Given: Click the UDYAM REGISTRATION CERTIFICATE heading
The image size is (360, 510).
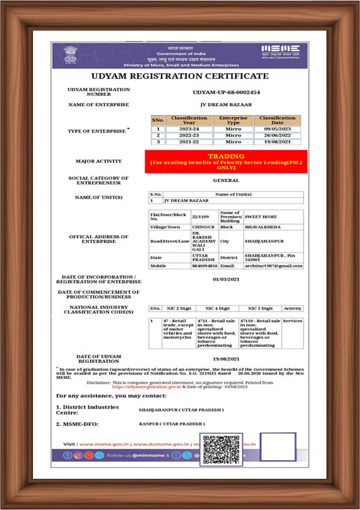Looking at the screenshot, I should [179, 76].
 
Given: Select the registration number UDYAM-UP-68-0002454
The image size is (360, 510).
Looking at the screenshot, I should [226, 92].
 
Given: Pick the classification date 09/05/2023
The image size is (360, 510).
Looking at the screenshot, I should [277, 128].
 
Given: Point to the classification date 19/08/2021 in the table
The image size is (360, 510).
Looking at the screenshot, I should [277, 142].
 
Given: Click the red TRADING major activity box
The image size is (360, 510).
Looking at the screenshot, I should [226, 161].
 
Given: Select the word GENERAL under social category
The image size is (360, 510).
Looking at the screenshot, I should [226, 180].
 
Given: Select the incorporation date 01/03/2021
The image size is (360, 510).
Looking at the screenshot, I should [226, 280].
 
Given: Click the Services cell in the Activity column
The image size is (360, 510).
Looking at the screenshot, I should [292, 321].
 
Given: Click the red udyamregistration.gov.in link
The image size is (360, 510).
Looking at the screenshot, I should [146, 388].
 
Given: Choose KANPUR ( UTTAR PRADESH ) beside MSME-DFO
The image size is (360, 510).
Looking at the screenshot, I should [171, 424].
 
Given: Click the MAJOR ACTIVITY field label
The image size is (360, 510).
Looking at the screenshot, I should [98, 161].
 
